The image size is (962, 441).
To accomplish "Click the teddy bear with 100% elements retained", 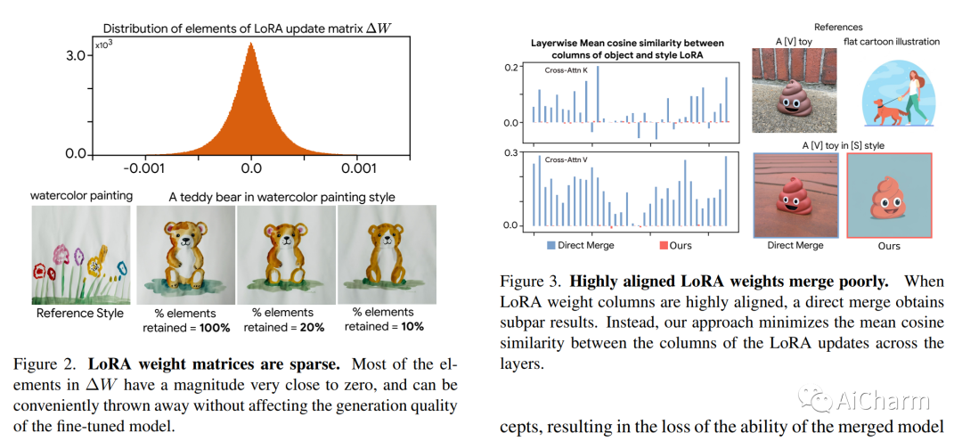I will [x=185, y=253].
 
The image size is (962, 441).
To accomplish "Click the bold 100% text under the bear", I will [x=214, y=328].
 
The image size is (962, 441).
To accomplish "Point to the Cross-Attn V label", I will [x=570, y=160].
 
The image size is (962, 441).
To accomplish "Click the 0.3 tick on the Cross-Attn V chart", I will [x=510, y=152].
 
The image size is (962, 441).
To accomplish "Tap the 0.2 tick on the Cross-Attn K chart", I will [x=510, y=68].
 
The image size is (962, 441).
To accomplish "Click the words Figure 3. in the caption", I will [x=537, y=282].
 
